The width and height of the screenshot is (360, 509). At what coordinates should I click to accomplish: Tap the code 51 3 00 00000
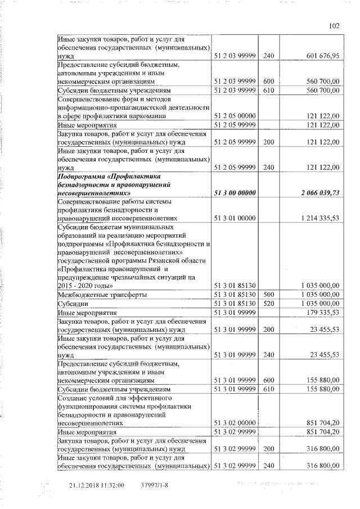[235, 193]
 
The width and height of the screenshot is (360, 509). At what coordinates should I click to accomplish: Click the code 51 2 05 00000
[235, 115]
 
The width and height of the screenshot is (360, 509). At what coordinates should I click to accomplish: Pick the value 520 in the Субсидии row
[268, 303]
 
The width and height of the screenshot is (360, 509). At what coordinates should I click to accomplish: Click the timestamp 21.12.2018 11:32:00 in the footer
[97, 485]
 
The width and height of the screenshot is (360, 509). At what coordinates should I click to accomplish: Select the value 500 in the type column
[268, 295]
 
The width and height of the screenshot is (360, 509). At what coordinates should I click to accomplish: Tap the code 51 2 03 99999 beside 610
[235, 90]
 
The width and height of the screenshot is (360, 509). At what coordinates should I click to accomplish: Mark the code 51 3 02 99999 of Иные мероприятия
[235, 431]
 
